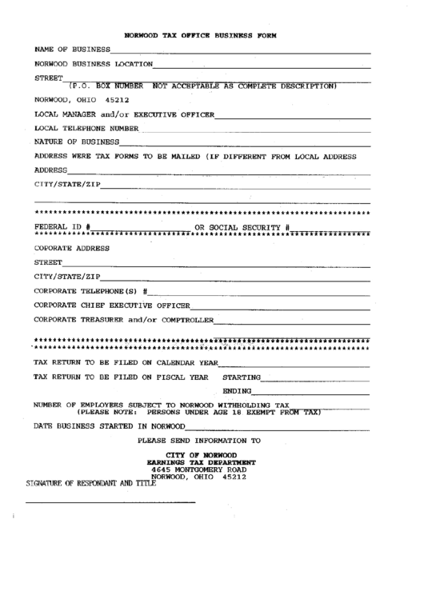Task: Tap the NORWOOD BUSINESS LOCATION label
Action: tap(93, 64)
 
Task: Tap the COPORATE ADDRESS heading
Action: tap(72, 248)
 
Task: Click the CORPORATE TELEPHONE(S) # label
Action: tap(90, 290)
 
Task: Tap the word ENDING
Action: tap(237, 392)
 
